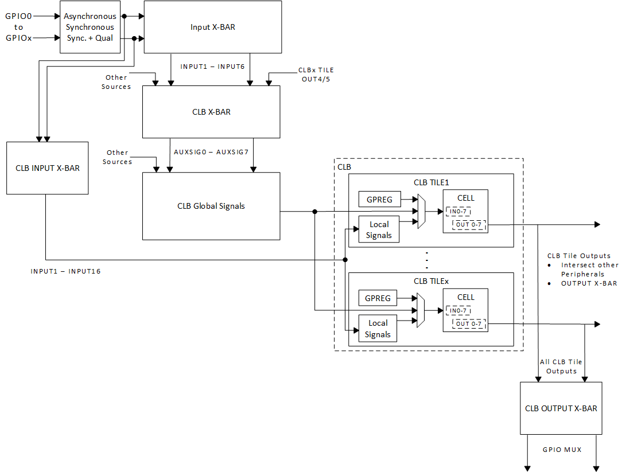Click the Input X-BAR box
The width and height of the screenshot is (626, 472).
pos(212,27)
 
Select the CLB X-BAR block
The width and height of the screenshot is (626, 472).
pos(211,112)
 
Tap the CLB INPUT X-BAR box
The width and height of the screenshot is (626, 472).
pos(48,168)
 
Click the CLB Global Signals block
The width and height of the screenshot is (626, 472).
pos(211,206)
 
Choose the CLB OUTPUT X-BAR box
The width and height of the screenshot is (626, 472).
pos(561,408)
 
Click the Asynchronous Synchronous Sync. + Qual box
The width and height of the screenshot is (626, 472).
pos(90,27)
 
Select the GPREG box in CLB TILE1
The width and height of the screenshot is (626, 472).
pos(379,200)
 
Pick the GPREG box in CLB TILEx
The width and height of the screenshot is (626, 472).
pos(378,298)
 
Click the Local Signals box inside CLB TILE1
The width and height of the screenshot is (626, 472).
pos(379,230)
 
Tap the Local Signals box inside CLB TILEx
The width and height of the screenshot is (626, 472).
pos(378,329)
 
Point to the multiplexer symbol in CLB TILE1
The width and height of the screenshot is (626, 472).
pos(422,211)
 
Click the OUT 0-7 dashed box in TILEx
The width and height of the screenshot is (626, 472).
pos(469,324)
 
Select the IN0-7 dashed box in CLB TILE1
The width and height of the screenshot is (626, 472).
pos(458,212)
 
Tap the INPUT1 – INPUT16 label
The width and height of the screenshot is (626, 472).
pos(65,271)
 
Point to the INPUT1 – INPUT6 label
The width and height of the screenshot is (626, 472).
pos(212,67)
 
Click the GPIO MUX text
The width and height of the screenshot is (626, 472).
pos(562,450)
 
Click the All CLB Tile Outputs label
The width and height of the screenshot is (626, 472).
pos(561,366)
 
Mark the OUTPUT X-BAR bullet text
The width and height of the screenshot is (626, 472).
pos(589,283)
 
